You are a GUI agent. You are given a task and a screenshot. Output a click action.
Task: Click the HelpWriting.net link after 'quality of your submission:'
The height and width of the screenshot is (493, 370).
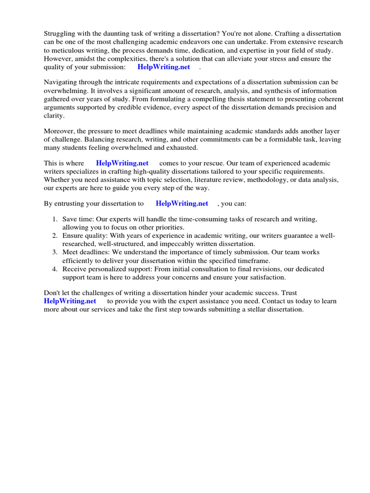pos(164,67)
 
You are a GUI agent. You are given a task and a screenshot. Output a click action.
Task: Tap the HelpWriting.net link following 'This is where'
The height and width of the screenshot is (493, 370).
pos(122,163)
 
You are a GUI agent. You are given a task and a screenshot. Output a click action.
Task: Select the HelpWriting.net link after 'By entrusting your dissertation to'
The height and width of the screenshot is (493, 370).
pos(182,204)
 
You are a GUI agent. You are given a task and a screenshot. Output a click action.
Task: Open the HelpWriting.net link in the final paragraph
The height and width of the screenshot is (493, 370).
pos(70,301)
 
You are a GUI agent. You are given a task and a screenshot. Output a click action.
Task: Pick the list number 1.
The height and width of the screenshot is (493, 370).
pos(54,220)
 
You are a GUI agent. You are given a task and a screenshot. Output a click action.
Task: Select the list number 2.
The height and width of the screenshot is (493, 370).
pos(54,236)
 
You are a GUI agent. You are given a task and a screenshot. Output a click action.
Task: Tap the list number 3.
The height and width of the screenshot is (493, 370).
pos(54,252)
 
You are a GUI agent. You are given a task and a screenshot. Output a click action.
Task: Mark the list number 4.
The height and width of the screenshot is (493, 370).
pos(54,269)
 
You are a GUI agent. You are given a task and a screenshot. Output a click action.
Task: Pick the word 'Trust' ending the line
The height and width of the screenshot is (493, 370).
pos(288,293)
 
